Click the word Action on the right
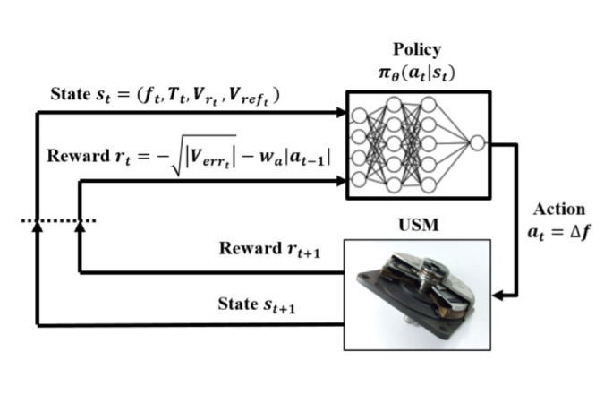(559, 210)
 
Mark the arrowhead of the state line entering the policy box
(342, 112)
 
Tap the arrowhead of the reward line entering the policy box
(342, 181)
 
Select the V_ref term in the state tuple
(255, 97)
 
